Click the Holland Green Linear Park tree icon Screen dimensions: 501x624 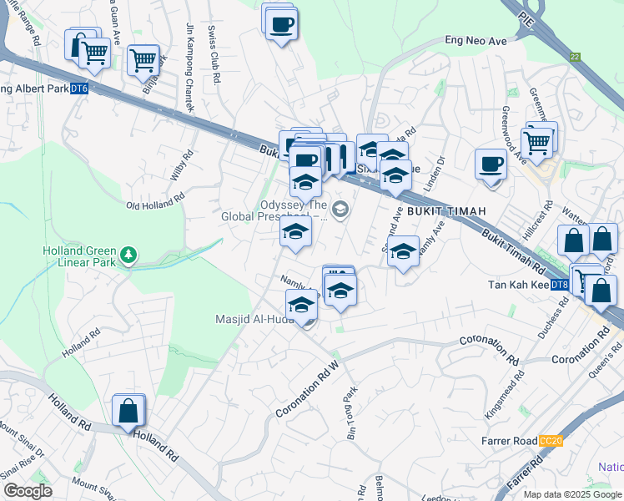[128, 254]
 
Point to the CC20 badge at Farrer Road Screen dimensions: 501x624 [551, 440]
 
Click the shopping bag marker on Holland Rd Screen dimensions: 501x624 [128, 411]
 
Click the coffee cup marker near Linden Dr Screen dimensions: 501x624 [491, 162]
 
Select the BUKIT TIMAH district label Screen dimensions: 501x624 [446, 211]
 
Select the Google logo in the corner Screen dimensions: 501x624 [27, 491]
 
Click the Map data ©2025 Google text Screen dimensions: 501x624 [571, 494]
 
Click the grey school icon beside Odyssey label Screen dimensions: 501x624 [340, 209]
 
